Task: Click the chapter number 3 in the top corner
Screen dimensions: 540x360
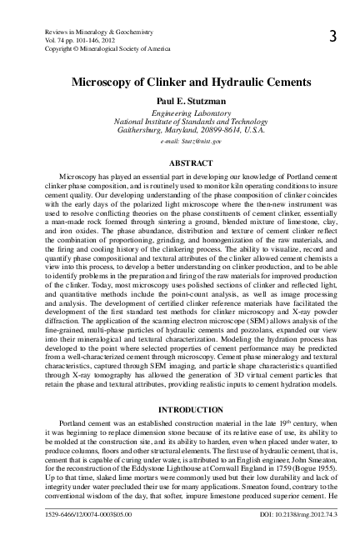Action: click(x=332, y=37)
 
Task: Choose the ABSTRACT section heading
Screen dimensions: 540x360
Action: click(x=179, y=164)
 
